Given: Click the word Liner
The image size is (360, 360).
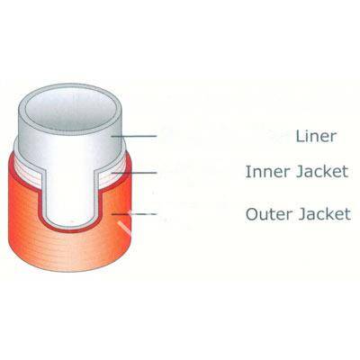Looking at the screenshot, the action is click(x=316, y=136).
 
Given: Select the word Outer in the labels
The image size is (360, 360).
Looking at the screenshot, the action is click(x=268, y=214).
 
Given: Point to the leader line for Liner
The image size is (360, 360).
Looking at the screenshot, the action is click(x=134, y=136).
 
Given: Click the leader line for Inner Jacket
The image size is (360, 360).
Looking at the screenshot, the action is click(x=134, y=173).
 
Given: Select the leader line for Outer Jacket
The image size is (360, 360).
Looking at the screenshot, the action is click(x=134, y=214).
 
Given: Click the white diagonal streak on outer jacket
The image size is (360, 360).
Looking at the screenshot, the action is click(x=124, y=228).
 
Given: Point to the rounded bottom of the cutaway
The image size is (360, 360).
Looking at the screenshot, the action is click(x=69, y=229).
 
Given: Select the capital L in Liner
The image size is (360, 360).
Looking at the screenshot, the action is click(x=300, y=136).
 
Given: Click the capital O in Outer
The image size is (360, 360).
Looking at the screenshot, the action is click(x=252, y=214).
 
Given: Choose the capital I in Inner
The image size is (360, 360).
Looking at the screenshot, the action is click(x=247, y=172).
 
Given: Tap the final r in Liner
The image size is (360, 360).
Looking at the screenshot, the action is click(x=333, y=138).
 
